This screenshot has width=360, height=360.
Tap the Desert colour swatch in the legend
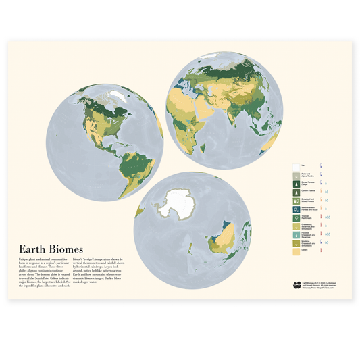(x=295, y=253)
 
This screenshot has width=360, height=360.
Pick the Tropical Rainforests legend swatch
(x=295, y=217)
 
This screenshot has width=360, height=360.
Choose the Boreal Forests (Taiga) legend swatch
(x=295, y=182)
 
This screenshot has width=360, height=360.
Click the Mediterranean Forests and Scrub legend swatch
(x=295, y=209)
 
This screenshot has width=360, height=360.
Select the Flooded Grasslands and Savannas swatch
(x=295, y=235)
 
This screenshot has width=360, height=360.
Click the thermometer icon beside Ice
(x=320, y=165)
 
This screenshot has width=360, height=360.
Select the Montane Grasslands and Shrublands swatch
(x=295, y=244)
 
